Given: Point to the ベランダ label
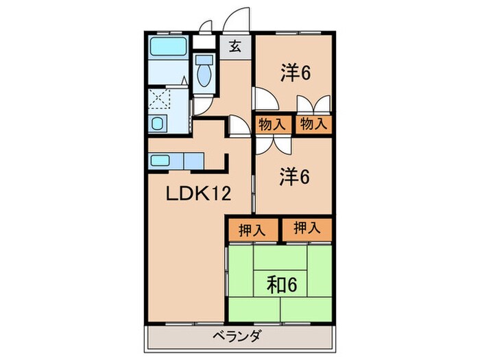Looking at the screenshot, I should point(240,337).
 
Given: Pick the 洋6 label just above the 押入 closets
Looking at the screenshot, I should point(296,176).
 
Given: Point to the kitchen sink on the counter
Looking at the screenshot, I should point(160,160).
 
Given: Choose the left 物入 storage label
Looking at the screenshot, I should point(272,124).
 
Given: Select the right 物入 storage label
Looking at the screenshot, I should point(313,124).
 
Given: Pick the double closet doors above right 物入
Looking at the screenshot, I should point(313,106).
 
